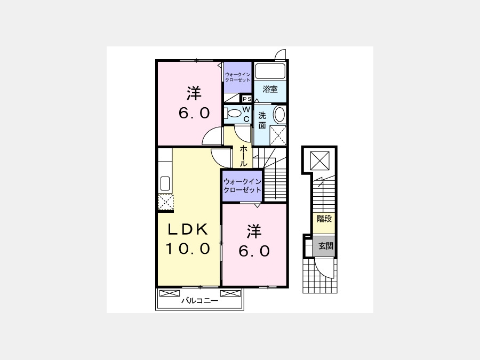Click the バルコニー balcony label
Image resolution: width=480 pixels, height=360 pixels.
click(x=199, y=301)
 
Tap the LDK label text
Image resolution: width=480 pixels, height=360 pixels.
click(x=188, y=229)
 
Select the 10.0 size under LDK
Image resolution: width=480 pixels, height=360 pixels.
click(x=188, y=249)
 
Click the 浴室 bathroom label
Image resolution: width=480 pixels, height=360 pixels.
click(x=270, y=90)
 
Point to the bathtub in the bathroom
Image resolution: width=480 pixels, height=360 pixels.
click(x=270, y=71)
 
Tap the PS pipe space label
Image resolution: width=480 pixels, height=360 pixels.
click(x=247, y=99)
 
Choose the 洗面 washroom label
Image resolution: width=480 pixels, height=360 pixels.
click(x=262, y=121)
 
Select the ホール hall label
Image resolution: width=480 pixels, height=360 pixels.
click(x=244, y=156)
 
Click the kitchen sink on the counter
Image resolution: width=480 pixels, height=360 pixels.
click(x=165, y=183)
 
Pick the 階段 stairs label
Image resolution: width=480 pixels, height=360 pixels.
click(x=324, y=219)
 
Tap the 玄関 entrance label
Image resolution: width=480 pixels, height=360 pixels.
click(x=326, y=246)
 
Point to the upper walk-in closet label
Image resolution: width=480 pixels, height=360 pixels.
click(x=237, y=77)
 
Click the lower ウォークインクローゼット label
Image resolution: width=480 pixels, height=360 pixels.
click(x=242, y=186)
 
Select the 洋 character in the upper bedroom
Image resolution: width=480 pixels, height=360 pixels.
click(x=194, y=93)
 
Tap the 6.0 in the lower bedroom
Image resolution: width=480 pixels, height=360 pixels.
click(x=254, y=251)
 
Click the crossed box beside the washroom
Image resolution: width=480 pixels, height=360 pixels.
click(x=278, y=135)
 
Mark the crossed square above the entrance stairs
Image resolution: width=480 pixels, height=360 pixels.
click(x=319, y=161)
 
